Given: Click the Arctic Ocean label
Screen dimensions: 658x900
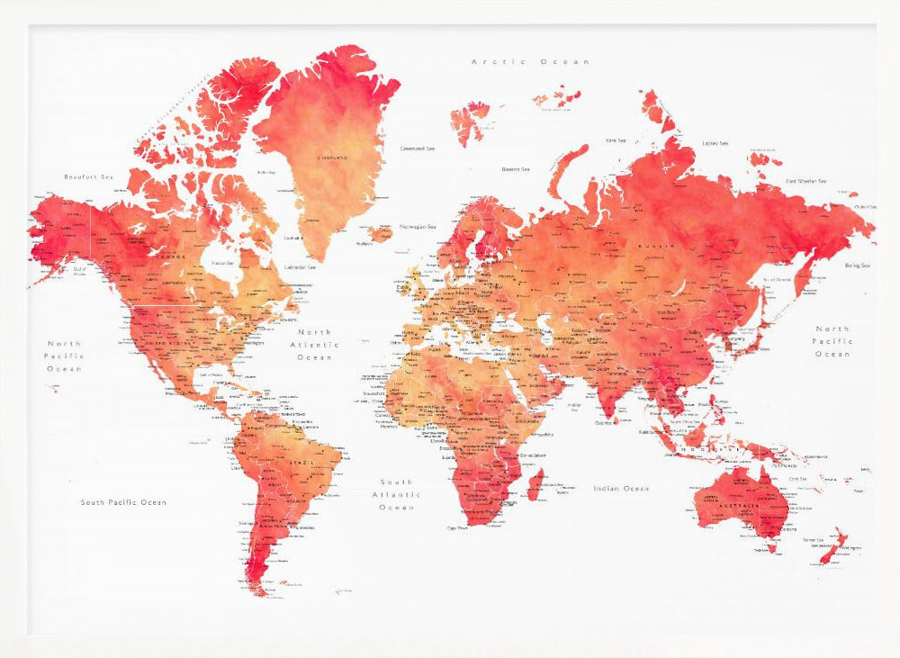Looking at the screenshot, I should pyautogui.click(x=531, y=61).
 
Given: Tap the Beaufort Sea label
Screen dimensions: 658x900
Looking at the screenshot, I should pyautogui.click(x=89, y=176).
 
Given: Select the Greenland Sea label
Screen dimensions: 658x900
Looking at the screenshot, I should pyautogui.click(x=418, y=149).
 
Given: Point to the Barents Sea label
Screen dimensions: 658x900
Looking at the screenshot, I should pyautogui.click(x=516, y=168).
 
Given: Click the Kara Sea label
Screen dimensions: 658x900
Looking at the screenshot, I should pyautogui.click(x=616, y=140).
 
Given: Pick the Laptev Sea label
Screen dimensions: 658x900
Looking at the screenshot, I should pyautogui.click(x=715, y=143).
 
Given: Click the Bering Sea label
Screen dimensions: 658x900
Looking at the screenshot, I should pyautogui.click(x=858, y=266).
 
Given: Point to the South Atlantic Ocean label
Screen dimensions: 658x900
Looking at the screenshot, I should pyautogui.click(x=396, y=494).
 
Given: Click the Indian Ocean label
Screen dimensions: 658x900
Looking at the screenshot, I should pyautogui.click(x=621, y=488).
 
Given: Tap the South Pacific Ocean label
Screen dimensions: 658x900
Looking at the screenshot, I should pyautogui.click(x=123, y=502).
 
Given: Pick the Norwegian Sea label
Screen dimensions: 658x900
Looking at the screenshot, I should pyautogui.click(x=418, y=226).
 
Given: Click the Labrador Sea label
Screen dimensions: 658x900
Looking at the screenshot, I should pyautogui.click(x=300, y=266).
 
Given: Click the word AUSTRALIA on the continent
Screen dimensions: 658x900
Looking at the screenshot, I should pyautogui.click(x=739, y=506).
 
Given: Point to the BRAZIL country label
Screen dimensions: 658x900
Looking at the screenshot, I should pyautogui.click(x=302, y=463).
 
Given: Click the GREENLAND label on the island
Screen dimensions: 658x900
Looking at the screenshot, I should pyautogui.click(x=332, y=158).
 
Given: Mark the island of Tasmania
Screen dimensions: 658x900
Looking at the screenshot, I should pyautogui.click(x=771, y=545).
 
